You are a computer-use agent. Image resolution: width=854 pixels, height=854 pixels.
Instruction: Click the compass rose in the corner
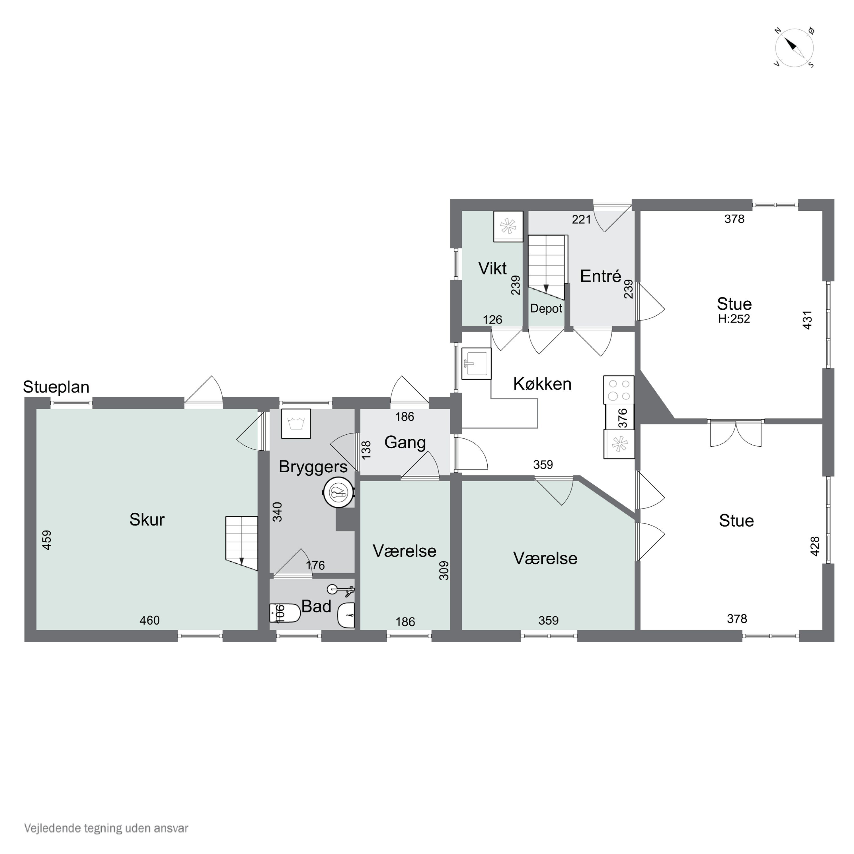(x=794, y=47)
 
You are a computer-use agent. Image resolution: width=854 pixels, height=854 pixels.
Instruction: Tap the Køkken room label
(x=542, y=384)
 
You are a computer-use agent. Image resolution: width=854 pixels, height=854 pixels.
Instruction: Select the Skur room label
(x=147, y=520)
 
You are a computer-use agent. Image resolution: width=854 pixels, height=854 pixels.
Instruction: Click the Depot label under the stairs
(x=546, y=309)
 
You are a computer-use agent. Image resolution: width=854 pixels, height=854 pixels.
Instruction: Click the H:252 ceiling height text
(x=734, y=319)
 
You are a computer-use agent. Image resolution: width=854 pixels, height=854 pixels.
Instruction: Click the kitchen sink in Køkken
(x=476, y=363)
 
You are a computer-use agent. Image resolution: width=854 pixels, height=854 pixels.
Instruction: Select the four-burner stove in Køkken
(x=618, y=389)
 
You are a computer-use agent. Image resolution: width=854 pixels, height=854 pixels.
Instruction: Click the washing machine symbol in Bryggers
(x=296, y=424)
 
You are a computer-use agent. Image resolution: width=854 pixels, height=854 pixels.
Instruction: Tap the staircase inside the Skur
(x=241, y=543)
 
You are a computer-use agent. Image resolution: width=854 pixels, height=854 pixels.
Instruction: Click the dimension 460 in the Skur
(x=149, y=621)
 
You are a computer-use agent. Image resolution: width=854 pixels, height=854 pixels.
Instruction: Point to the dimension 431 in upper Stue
(x=807, y=320)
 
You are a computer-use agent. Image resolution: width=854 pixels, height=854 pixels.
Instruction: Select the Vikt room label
(x=492, y=268)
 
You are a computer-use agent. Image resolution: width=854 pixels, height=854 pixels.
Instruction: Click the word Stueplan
(x=56, y=387)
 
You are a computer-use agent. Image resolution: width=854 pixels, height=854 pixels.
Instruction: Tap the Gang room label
(x=405, y=442)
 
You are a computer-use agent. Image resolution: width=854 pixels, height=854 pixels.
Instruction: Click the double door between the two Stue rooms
(x=736, y=433)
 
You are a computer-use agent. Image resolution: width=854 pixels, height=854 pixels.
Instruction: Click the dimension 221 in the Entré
(x=581, y=219)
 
